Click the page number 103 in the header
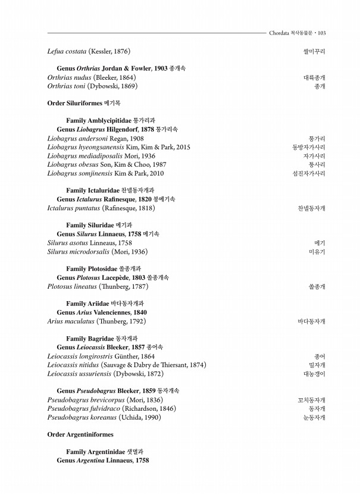[x=321, y=33]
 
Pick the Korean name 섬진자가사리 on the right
[x=309, y=174]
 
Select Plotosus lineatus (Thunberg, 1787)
[x=98, y=287]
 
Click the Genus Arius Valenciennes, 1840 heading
[x=102, y=312]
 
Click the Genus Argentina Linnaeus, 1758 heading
[x=102, y=461]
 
